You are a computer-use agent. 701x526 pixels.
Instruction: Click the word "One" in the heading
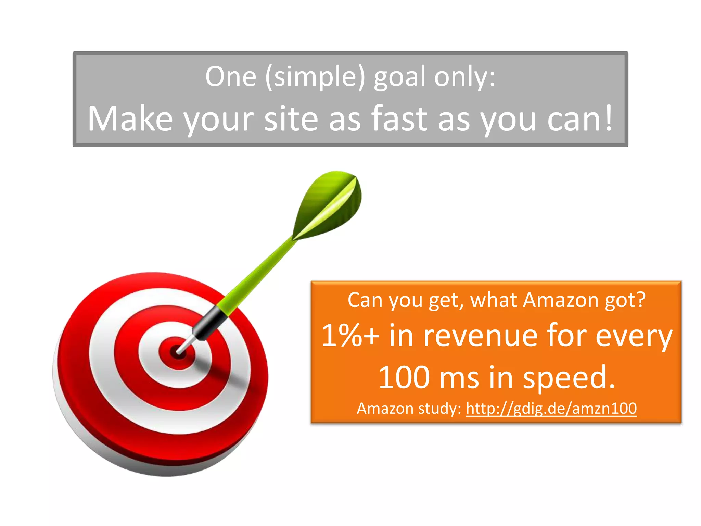[231, 77]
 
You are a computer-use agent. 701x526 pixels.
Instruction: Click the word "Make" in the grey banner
[130, 118]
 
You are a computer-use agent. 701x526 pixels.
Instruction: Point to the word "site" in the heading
[291, 118]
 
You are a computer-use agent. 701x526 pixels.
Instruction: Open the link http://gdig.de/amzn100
[551, 409]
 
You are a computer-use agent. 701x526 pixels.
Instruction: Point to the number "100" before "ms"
[404, 377]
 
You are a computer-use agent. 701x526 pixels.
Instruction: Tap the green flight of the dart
[329, 205]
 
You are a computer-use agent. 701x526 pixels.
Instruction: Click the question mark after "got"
[640, 300]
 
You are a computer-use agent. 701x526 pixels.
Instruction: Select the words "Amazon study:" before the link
[409, 409]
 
